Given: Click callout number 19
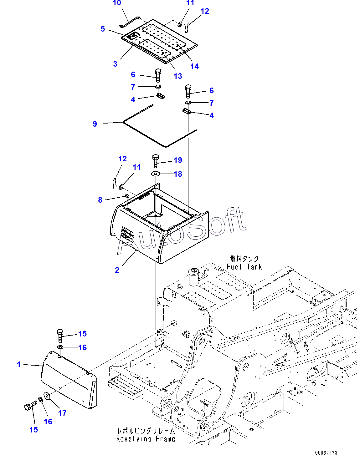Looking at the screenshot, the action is click(178, 160).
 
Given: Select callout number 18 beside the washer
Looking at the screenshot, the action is click(178, 174).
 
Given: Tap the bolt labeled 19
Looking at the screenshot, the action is click(156, 161).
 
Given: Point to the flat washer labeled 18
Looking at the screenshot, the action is click(156, 174).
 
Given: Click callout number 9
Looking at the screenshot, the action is click(95, 124).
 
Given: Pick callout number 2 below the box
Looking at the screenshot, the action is click(117, 270).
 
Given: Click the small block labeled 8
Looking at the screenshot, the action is click(126, 195).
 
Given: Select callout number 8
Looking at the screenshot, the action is click(100, 200).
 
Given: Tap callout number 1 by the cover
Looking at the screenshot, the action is click(19, 364).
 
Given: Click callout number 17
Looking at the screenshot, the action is click(62, 413).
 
